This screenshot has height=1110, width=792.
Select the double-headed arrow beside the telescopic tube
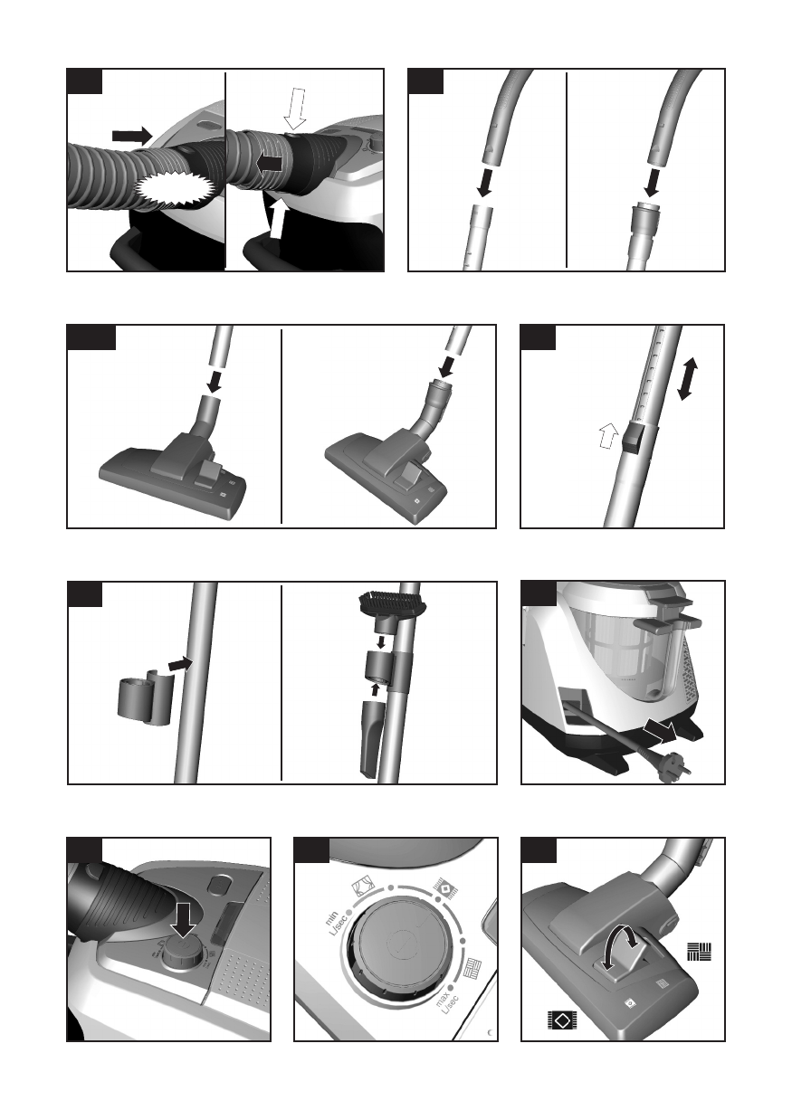coord(687,380)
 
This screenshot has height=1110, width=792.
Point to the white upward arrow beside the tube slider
coord(609,435)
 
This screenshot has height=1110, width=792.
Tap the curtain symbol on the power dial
coord(362,888)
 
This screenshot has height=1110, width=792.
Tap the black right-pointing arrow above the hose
coord(132,136)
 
